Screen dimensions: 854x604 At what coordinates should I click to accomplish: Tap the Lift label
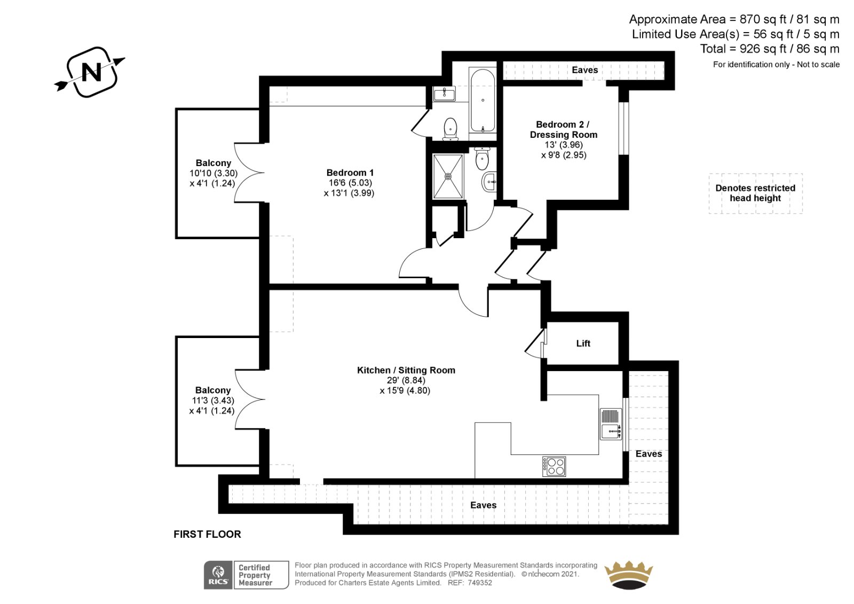point(583,343)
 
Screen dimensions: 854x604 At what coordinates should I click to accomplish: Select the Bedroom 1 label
point(350,172)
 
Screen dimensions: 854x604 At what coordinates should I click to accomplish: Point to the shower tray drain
point(448,177)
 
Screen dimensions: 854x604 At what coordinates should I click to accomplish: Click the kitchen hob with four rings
point(554,466)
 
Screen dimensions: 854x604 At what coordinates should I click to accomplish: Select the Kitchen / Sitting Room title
point(406,370)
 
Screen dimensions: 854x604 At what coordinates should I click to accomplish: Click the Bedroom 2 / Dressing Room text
point(564,129)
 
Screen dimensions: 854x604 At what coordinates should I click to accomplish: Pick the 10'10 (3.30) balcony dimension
point(213,173)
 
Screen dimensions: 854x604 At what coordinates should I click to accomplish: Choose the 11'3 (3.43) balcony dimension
point(213,400)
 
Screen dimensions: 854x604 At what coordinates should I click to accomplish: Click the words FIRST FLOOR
point(207,534)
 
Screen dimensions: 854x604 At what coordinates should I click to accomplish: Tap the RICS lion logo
point(218,575)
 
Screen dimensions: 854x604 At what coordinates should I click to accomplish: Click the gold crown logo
point(629,575)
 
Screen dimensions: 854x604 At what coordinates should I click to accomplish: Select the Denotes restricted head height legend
point(755,193)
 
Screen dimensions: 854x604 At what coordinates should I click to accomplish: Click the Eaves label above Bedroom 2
point(585,70)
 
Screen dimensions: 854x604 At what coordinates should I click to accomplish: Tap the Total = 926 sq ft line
point(769,49)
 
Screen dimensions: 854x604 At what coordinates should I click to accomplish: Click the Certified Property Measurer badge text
point(255,575)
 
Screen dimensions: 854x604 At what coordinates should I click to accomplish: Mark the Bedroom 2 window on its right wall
point(623,128)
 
